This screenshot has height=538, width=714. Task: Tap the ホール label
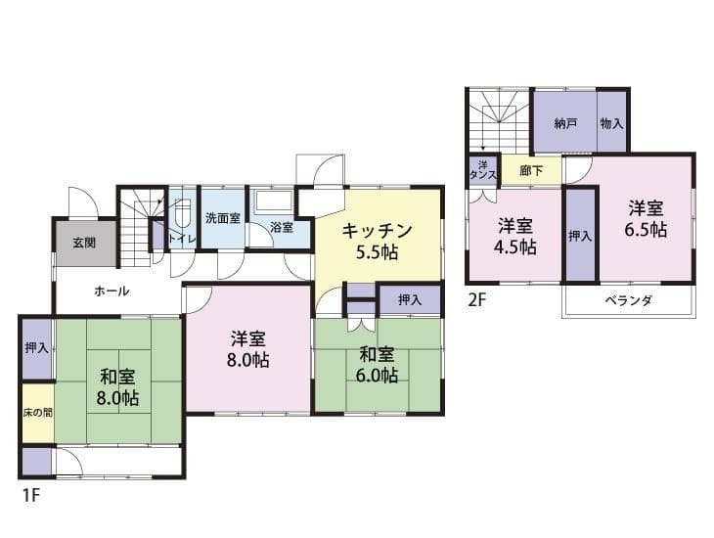coord(112,291)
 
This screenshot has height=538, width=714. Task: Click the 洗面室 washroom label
coord(222,218)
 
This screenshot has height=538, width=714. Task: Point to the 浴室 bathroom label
coord(281,228)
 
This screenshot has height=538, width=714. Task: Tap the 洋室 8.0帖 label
coord(250,349)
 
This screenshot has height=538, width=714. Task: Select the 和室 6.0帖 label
coord(377,365)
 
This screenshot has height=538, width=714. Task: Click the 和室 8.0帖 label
coord(117,386)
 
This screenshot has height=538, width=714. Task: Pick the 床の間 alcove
coord(37,412)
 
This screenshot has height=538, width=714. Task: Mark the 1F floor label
coord(30,495)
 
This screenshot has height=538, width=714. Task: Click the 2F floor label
coord(476,299)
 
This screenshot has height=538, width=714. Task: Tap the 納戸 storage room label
coord(564,124)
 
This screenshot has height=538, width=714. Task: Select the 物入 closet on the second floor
coord(612,124)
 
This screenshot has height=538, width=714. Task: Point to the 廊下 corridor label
coord(531,171)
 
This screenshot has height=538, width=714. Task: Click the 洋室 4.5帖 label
coord(515,235)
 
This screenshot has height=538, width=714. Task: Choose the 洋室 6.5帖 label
coord(647,219)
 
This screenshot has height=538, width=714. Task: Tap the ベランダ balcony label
coord(628,299)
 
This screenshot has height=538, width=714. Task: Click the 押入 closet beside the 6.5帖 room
coord(580,236)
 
